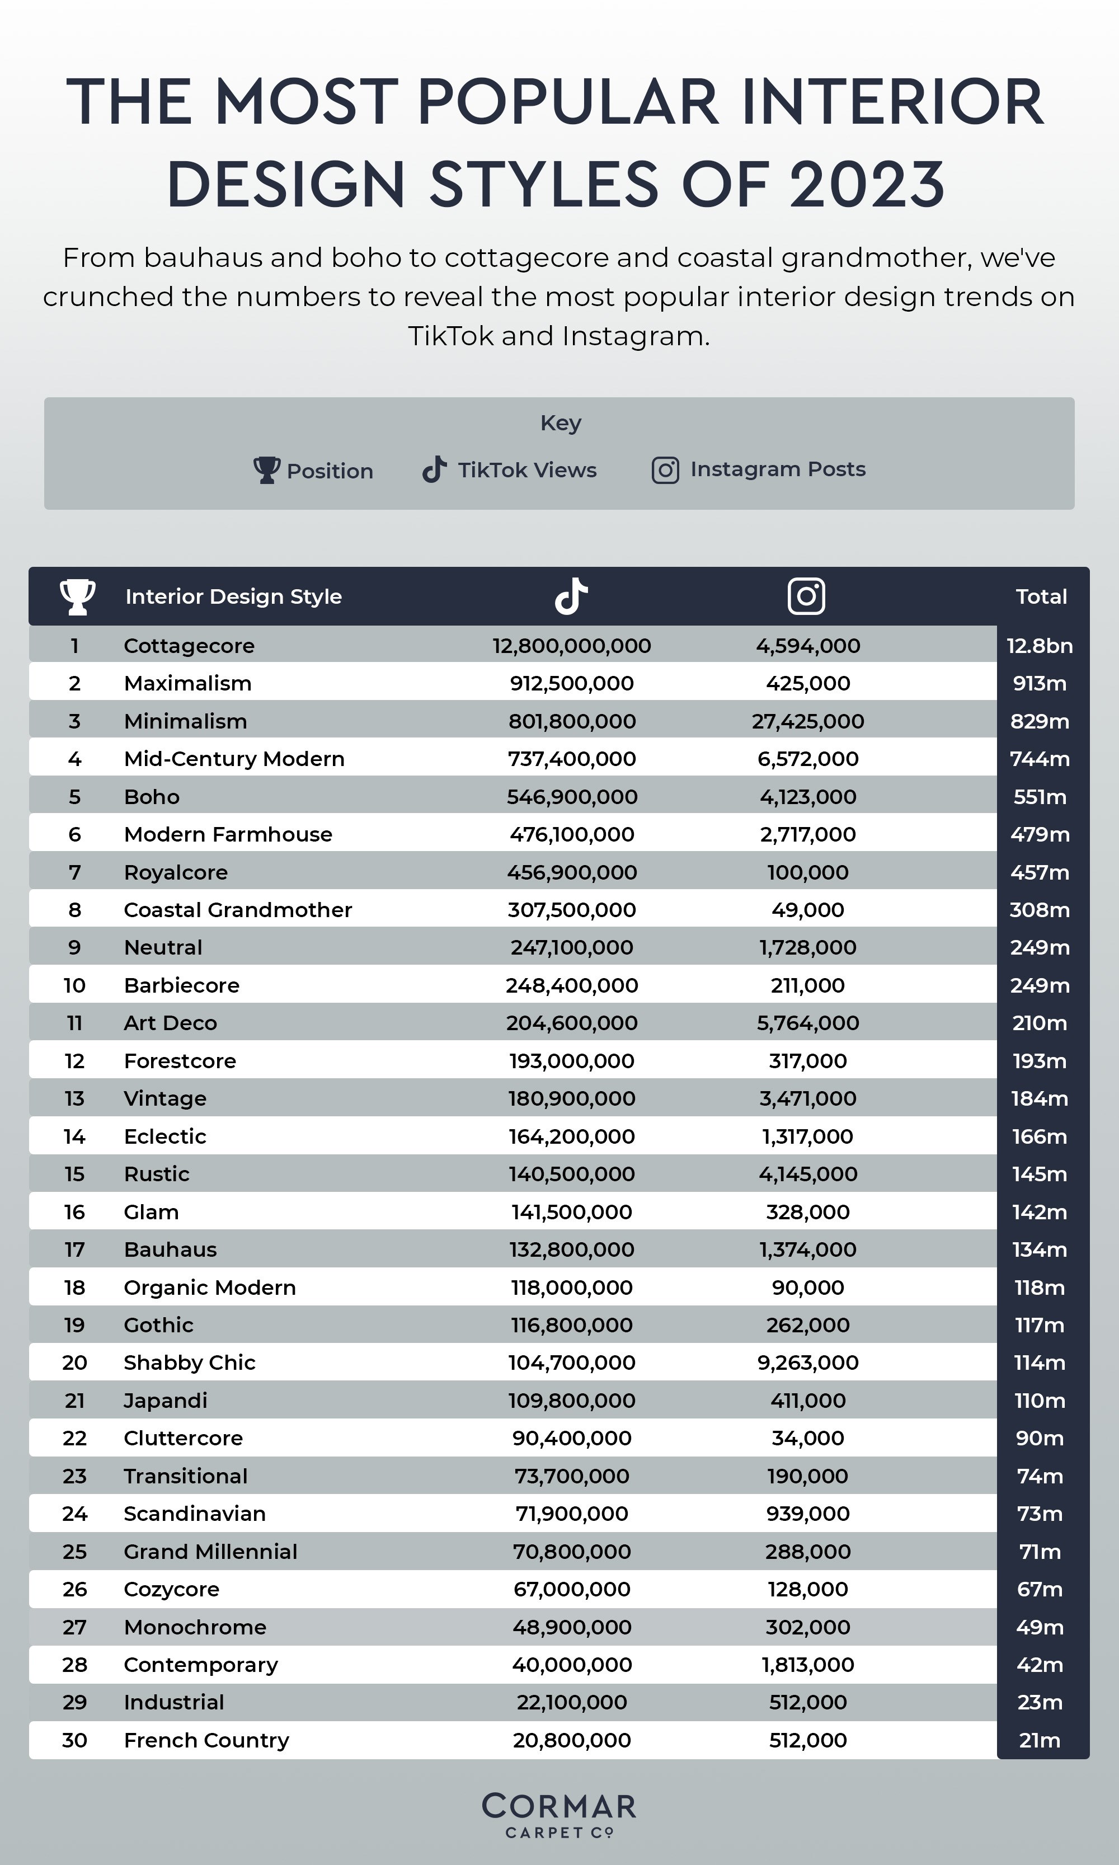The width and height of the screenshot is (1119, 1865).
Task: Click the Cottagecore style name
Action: pyautogui.click(x=189, y=646)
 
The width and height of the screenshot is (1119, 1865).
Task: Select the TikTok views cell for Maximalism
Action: pyautogui.click(x=572, y=683)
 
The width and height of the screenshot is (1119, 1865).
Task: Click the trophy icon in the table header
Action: pyautogui.click(x=77, y=596)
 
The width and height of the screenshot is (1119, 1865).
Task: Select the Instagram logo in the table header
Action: pyautogui.click(x=806, y=596)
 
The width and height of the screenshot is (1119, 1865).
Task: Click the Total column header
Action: pyautogui.click(x=1041, y=596)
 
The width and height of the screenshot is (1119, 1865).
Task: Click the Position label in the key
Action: pyautogui.click(x=330, y=471)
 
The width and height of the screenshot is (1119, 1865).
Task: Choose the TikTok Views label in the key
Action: pyautogui.click(x=526, y=470)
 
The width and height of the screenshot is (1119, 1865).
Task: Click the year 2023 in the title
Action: pyautogui.click(x=867, y=184)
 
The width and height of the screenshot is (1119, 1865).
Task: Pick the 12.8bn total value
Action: pyautogui.click(x=1039, y=646)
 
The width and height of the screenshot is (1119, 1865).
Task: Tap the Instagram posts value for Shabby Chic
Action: pyautogui.click(x=807, y=1362)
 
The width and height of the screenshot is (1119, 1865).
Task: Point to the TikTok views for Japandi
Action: pyautogui.click(x=572, y=1401)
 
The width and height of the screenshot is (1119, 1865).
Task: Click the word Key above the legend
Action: pyautogui.click(x=560, y=422)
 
